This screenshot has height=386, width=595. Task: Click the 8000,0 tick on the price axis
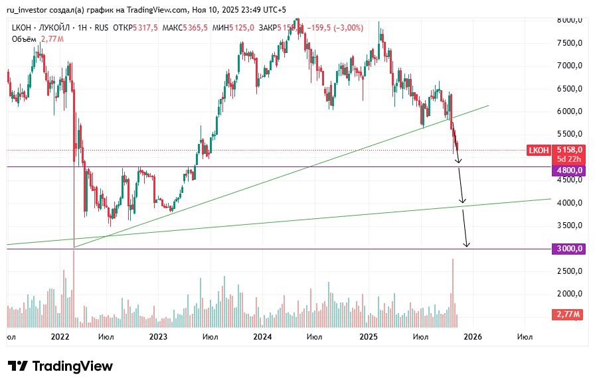[569, 20]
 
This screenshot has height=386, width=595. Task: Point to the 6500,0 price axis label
[569, 88]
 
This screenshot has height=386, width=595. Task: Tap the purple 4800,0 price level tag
[568, 170]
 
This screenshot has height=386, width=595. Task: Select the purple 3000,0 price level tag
[568, 249]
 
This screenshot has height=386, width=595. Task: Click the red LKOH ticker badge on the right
[539, 151]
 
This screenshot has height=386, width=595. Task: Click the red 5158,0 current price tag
[569, 151]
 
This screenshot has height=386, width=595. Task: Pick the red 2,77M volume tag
[568, 315]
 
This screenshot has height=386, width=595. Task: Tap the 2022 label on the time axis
[60, 337]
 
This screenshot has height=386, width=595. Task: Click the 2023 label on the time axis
[158, 337]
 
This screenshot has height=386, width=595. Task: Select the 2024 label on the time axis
[262, 337]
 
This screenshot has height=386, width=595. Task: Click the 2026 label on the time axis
[472, 337]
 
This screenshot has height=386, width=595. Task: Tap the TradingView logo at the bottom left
[60, 366]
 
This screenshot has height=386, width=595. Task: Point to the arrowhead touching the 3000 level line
[467, 245]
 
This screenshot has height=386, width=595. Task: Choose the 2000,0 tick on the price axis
[569, 294]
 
